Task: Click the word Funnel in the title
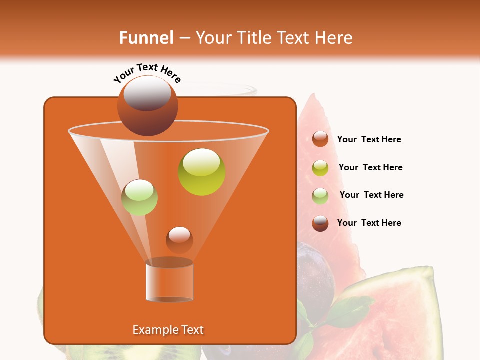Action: tap(146, 38)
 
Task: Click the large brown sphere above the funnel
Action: tap(147, 105)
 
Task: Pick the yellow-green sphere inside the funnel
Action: tap(202, 172)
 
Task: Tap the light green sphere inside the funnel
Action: tap(140, 197)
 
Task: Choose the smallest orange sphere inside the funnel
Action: tap(179, 240)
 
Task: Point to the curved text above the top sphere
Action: tap(147, 73)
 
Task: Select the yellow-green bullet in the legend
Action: tap(320, 168)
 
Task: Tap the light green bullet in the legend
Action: tap(320, 196)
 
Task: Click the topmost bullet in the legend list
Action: tap(320, 139)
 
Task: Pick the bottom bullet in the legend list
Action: tap(320, 223)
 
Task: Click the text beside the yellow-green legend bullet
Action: tap(370, 168)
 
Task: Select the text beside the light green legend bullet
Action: tap(371, 195)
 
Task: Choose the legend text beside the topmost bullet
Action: tap(369, 140)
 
